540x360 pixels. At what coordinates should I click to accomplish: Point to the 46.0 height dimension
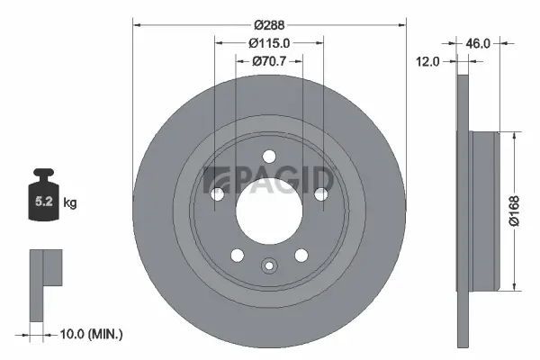point(477,42)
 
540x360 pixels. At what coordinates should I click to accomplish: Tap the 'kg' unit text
point(70,203)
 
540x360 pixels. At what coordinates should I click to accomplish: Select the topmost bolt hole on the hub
point(268,157)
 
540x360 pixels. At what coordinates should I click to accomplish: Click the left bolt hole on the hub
point(217,193)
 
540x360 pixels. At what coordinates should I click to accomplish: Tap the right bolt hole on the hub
point(319,193)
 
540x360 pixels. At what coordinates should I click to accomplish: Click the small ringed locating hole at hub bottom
point(268,265)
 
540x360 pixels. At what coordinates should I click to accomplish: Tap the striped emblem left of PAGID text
point(216,179)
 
